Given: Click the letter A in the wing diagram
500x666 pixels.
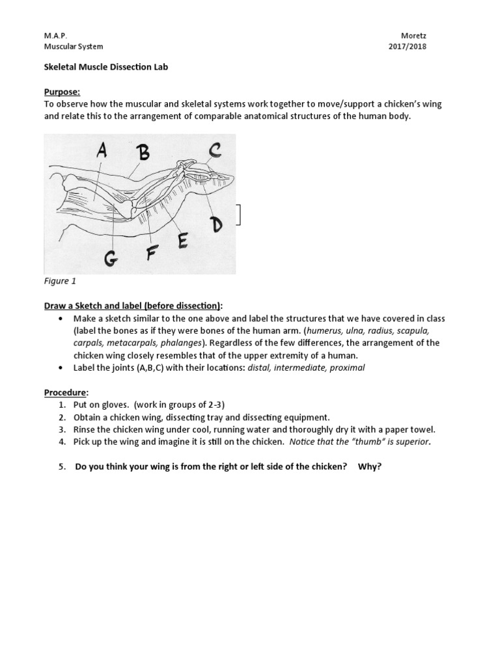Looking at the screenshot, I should [102, 152].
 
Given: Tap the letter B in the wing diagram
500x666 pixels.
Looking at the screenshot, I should [143, 153].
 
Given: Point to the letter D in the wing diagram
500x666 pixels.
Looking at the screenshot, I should [215, 224].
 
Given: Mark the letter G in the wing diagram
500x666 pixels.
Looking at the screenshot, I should [111, 259].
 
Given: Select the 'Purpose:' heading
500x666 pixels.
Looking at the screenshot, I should [62, 92].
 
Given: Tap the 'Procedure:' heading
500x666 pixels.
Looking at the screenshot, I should [66, 392].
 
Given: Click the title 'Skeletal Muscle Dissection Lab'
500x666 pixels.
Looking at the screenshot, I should [106, 67].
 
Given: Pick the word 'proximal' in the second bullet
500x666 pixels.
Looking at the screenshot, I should [348, 367].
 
